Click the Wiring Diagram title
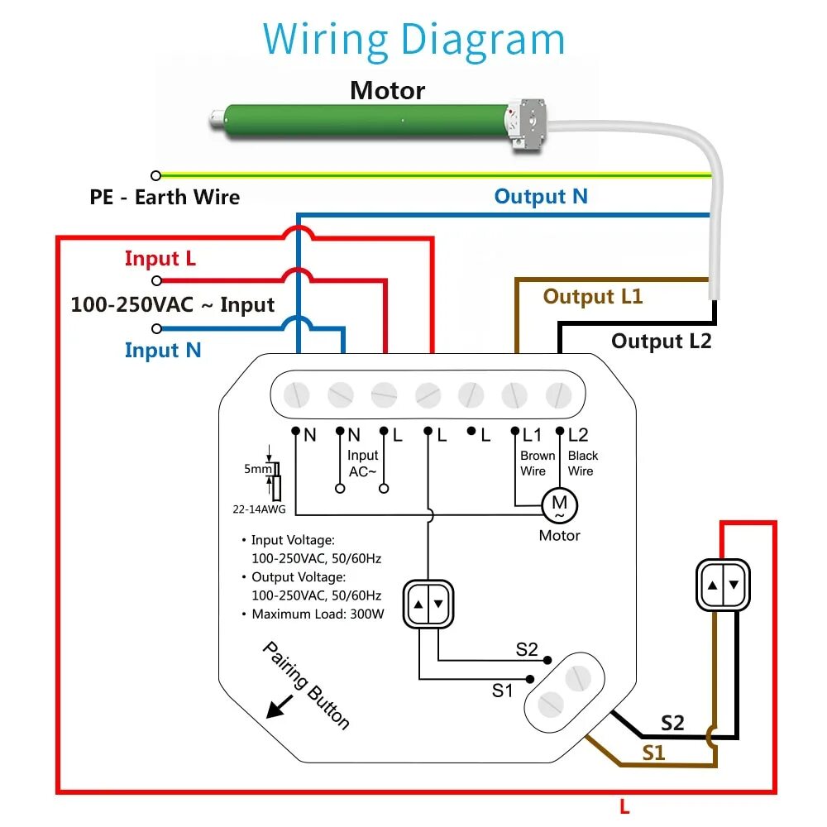413,40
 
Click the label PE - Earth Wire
165,198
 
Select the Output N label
541,197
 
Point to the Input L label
160,258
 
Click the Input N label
163,350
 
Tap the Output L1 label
593,296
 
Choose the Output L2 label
662,342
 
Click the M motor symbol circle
560,505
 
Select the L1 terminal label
532,435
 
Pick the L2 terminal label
578,435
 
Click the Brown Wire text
538,463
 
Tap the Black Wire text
583,463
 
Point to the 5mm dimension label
258,469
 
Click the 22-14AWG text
259,509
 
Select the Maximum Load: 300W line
318,614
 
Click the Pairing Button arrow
280,707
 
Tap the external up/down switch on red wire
723,585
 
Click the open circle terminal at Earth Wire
155,175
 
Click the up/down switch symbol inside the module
428,604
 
